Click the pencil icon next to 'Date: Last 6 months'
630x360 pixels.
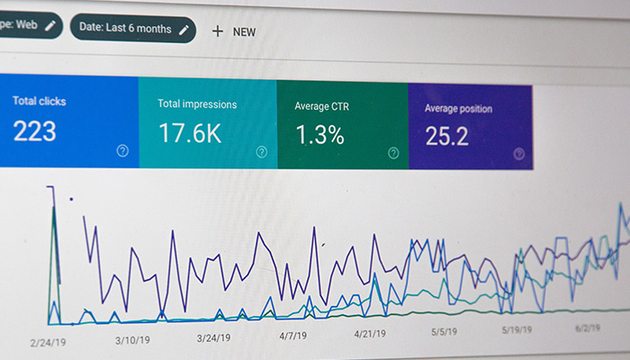tap(184, 30)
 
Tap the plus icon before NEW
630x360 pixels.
tap(218, 31)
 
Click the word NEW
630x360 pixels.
tap(244, 32)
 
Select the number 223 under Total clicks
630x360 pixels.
tap(34, 131)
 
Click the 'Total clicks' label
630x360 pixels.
tap(40, 101)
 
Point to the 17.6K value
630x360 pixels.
tap(190, 133)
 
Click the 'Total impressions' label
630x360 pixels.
tap(197, 104)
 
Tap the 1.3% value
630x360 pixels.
tap(320, 135)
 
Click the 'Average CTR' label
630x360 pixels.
tap(322, 106)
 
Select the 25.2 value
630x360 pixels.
tap(446, 136)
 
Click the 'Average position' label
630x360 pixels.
tap(458, 109)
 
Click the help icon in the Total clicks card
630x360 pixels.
tap(122, 150)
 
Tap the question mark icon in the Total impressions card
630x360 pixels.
tap(262, 152)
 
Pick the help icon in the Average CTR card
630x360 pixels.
tap(393, 153)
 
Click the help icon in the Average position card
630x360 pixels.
tap(519, 154)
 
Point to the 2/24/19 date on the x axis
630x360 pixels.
tap(48, 343)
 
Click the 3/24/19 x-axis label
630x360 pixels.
tap(214, 337)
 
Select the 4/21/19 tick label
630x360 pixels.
tap(370, 334)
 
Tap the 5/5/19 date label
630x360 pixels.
tap(444, 332)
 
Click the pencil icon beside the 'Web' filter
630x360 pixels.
tap(50, 26)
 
